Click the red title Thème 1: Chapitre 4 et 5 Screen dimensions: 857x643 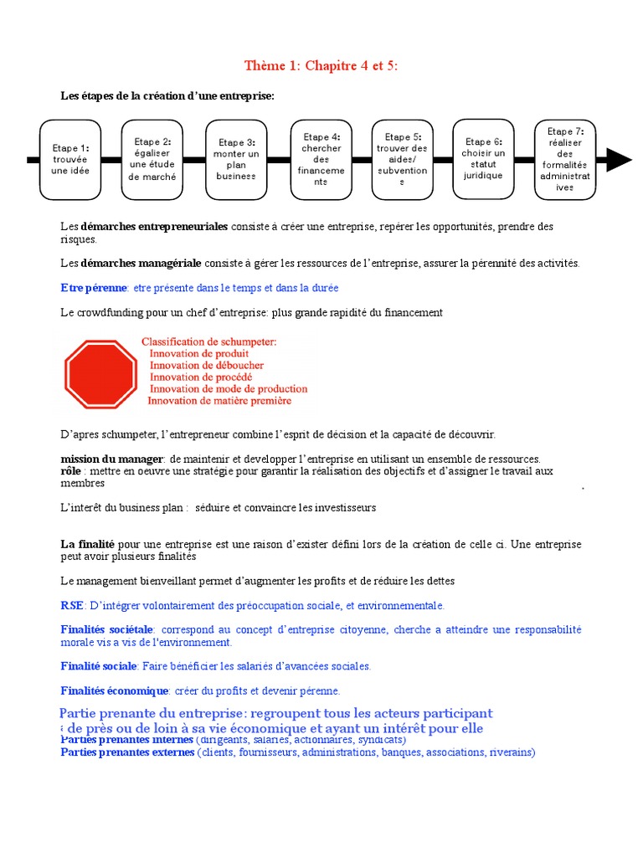pos(321,66)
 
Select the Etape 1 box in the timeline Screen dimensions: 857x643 pos(70,159)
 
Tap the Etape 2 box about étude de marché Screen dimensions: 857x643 pos(152,159)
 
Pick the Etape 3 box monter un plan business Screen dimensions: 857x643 pos(236,159)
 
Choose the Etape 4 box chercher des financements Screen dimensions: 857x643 pos(321,159)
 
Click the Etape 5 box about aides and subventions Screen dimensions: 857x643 pos(402,159)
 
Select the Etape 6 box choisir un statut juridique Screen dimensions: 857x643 pos(483,159)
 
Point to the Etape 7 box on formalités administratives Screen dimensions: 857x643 pos(565,159)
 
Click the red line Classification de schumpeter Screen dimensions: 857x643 pos(208,341)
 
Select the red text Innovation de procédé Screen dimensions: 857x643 pos(201,377)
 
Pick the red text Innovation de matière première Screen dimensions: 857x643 pos(219,401)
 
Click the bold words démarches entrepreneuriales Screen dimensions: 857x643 pos(154,227)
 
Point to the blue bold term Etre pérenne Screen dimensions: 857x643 pos(94,288)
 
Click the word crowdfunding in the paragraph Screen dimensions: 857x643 pos(111,312)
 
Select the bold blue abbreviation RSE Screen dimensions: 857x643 pos(72,605)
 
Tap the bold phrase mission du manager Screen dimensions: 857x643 pos(112,459)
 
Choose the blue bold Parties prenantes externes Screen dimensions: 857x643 pos(126,752)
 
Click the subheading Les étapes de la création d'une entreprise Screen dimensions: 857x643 pos(167,96)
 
